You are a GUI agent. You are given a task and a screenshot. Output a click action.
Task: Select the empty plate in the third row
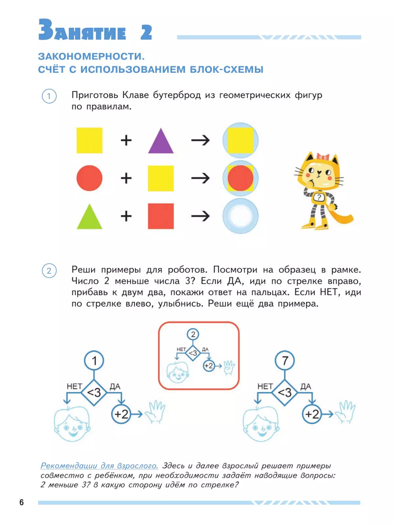pos(240,216)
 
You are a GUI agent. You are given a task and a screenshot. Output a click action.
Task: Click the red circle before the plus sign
pos(89,178)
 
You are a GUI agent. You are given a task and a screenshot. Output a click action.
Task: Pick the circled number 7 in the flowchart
pos(285,360)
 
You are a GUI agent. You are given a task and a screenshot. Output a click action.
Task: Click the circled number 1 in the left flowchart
pos(94,360)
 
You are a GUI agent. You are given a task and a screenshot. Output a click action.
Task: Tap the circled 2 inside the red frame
pos(193,334)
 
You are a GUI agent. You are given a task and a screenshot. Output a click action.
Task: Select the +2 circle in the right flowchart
pos(312,414)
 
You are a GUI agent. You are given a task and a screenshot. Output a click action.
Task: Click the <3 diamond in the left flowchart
pos(94,392)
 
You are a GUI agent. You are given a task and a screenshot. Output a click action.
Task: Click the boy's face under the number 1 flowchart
pos(71,425)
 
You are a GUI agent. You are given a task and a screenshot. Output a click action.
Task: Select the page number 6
pos(22,502)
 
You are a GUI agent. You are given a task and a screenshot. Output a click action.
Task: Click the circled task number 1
pos(49,96)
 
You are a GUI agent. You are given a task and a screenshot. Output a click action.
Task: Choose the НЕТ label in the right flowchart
pos(265,386)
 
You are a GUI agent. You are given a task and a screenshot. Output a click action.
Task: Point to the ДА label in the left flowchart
pos(115,386)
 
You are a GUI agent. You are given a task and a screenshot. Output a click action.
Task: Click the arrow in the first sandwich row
pos(201,140)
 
